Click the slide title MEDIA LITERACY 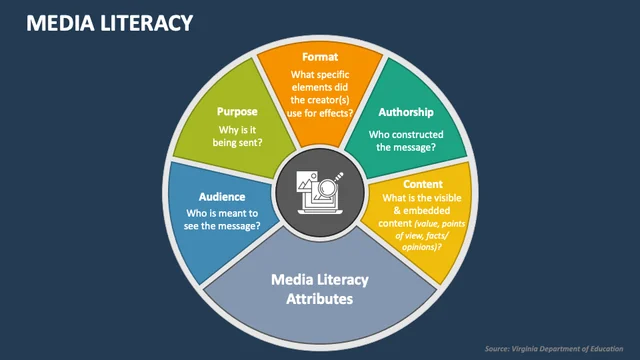[109, 23]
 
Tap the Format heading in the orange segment [320, 57]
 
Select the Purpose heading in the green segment [237, 112]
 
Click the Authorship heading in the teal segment [406, 112]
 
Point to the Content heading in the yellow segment [423, 184]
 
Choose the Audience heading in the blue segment [222, 197]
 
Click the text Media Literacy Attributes [320, 289]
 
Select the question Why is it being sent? [237, 136]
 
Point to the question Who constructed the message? [406, 141]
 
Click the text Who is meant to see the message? [222, 220]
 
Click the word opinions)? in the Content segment [422, 247]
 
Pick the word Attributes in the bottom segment [320, 299]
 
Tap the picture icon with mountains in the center [307, 182]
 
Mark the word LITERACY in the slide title [147, 23]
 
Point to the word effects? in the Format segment [338, 113]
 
